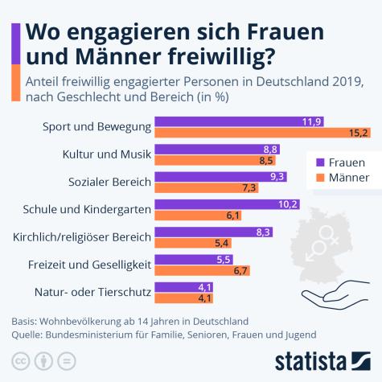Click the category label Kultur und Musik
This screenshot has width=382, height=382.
pyautogui.click(x=107, y=154)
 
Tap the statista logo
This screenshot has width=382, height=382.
pyautogui.click(x=322, y=359)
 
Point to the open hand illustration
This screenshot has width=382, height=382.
pyautogui.click(x=335, y=290)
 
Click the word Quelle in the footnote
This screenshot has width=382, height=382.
pyautogui.click(x=28, y=334)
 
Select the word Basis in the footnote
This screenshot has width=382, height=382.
pyautogui.click(x=26, y=320)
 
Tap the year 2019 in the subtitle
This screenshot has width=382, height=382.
pyautogui.click(x=347, y=82)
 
